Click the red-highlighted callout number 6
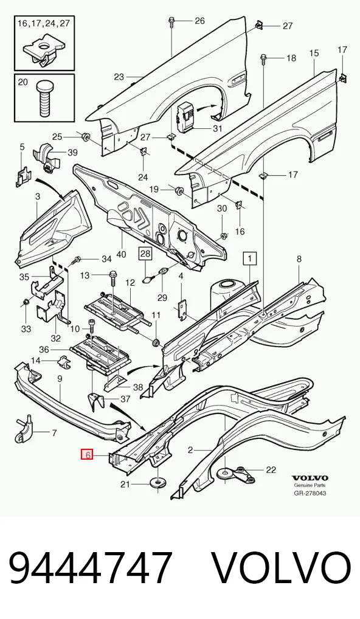[x=87, y=455]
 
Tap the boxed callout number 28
[x=145, y=253]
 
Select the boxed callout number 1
[x=250, y=259]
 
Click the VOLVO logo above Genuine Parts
[x=310, y=479]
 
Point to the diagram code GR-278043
[x=310, y=493]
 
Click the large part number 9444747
[x=91, y=568]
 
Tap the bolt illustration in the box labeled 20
[x=44, y=99]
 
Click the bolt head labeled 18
[x=263, y=59]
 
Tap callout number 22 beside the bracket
[x=271, y=469]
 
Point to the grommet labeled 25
[x=85, y=137]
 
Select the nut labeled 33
[x=26, y=302]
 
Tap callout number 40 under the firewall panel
[x=121, y=255]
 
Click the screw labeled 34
[x=76, y=260]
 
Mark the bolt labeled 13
[x=112, y=278]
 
